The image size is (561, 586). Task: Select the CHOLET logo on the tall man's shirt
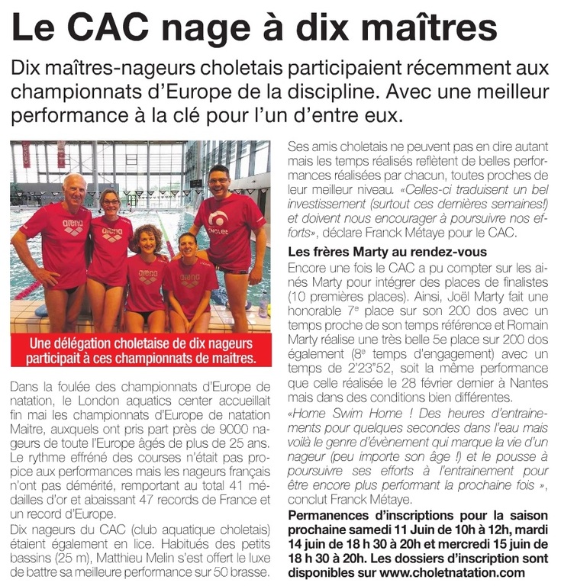tap(219, 224)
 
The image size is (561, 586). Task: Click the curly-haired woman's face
tap(147, 243)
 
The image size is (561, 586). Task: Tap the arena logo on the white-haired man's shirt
tap(73, 227)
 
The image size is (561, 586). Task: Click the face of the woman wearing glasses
tap(110, 202)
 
